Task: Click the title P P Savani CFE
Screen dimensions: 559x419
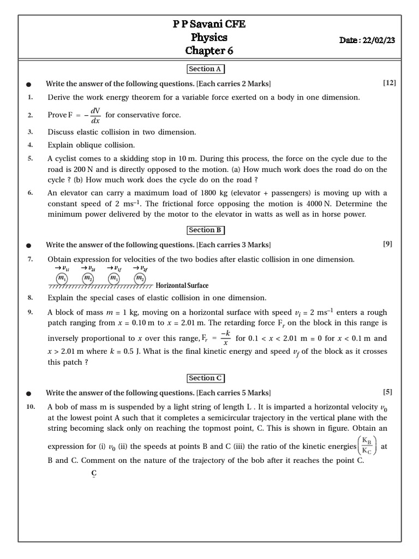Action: [x=209, y=24]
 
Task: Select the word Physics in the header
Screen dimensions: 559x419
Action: [x=209, y=38]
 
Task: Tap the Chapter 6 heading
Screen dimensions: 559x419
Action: [x=209, y=51]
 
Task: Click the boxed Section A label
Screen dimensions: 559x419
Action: [x=205, y=69]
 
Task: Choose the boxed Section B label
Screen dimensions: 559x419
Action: [x=205, y=230]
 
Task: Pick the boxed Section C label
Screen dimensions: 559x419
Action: [x=205, y=378]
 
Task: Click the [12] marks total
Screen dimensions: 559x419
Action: [x=390, y=83]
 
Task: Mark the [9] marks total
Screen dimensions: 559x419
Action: [x=387, y=244]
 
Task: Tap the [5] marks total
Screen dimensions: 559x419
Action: [x=387, y=392]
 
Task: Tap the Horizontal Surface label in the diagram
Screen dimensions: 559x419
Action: [x=182, y=286]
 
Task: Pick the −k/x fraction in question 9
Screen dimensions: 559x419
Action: [x=224, y=338]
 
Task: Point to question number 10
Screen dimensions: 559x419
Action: [x=31, y=407]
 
